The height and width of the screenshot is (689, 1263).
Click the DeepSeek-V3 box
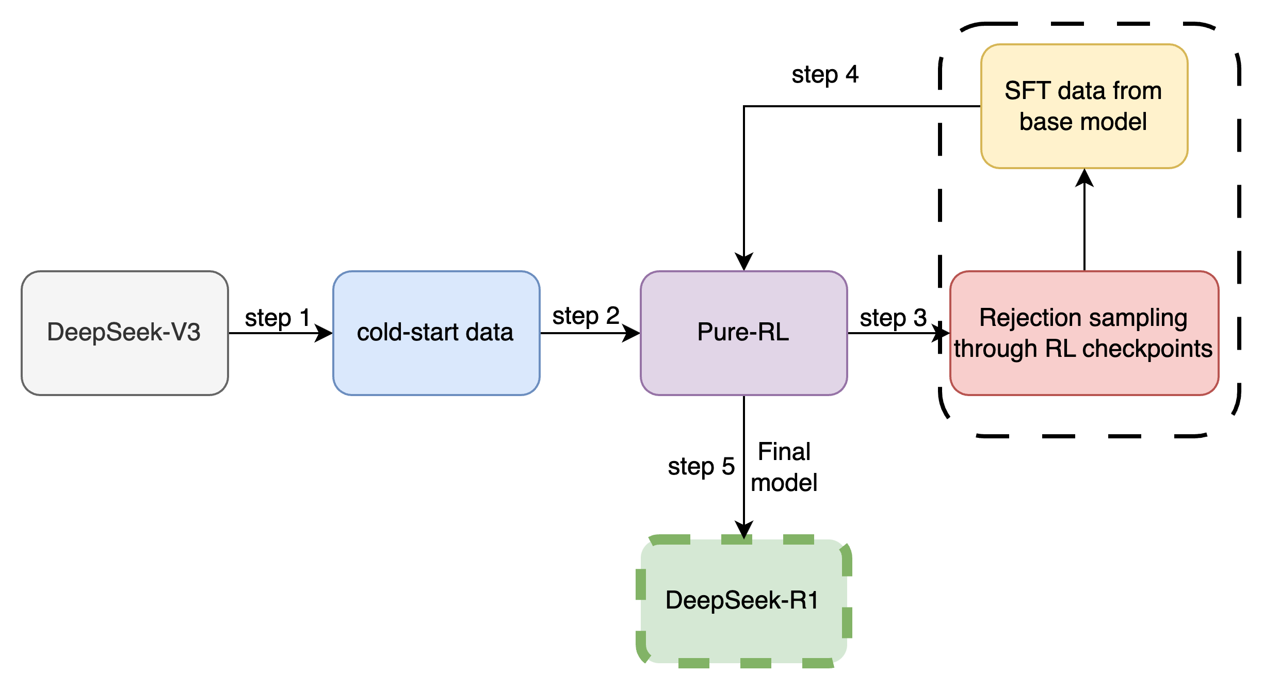tap(124, 333)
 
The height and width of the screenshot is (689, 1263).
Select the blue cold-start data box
tap(436, 333)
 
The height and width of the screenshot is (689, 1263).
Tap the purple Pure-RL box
tap(743, 333)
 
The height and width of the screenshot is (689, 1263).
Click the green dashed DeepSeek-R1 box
tap(743, 601)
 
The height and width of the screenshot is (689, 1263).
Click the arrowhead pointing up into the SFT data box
tap(1084, 178)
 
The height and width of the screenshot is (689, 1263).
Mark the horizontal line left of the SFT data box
tap(960, 106)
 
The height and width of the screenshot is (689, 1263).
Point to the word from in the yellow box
tap(1137, 91)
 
